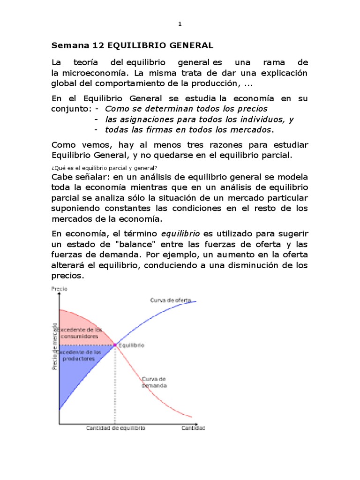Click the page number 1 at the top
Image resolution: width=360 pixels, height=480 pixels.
point(180,24)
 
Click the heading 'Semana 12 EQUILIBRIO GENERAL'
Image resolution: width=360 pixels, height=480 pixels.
point(132,45)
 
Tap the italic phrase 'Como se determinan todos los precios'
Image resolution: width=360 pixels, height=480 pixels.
point(186,109)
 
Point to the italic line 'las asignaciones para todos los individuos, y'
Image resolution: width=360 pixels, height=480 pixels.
point(199,119)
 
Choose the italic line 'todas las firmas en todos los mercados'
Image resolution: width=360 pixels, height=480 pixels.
point(188,129)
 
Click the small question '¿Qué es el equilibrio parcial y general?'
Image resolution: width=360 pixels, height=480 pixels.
point(104,168)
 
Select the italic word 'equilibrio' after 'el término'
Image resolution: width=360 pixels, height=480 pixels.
point(180,233)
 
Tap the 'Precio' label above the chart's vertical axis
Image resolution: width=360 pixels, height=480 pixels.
point(59,289)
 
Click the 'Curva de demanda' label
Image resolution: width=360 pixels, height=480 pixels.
point(154,382)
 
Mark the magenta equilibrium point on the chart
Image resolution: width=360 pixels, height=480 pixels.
point(115,345)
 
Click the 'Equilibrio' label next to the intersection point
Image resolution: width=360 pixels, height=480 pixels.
point(131,345)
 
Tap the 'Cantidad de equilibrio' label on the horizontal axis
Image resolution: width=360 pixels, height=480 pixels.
point(115,428)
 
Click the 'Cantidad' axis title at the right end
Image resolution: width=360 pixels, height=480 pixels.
point(193,428)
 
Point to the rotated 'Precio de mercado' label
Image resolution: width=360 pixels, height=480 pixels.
point(54,346)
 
